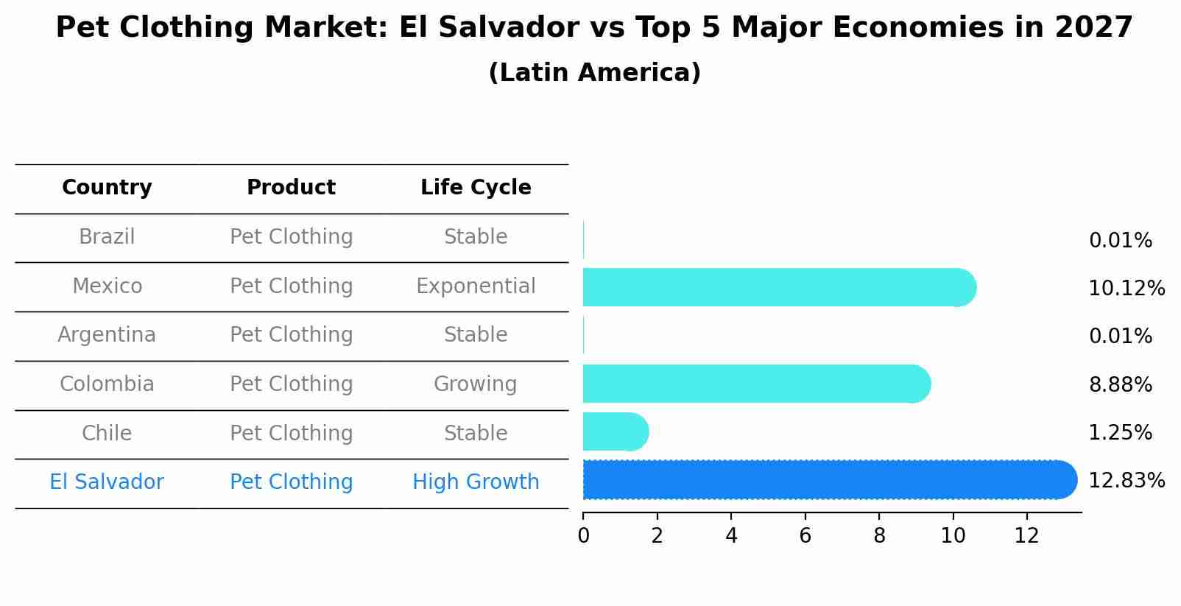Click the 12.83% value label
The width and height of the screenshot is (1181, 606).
[x=1126, y=481]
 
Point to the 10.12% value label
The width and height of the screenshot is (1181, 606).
[x=1126, y=289]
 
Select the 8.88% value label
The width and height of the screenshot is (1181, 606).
[x=1120, y=385]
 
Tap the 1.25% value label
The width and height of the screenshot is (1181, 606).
[x=1120, y=433]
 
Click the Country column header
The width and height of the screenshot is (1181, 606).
[x=107, y=188]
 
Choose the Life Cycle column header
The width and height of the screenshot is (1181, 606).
[x=476, y=188]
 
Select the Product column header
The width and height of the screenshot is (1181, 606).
[x=291, y=188]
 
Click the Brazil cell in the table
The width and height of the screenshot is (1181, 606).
[x=107, y=237]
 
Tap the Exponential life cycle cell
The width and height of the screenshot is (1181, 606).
[x=476, y=286]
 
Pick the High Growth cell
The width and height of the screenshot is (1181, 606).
[x=476, y=482]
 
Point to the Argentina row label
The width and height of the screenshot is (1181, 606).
[x=107, y=335]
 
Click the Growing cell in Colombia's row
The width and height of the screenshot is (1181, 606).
[x=476, y=384]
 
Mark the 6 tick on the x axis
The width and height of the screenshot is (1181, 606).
[x=805, y=536]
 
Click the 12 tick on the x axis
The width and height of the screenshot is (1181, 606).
[x=1026, y=536]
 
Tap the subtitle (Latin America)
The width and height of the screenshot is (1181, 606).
[x=594, y=73]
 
